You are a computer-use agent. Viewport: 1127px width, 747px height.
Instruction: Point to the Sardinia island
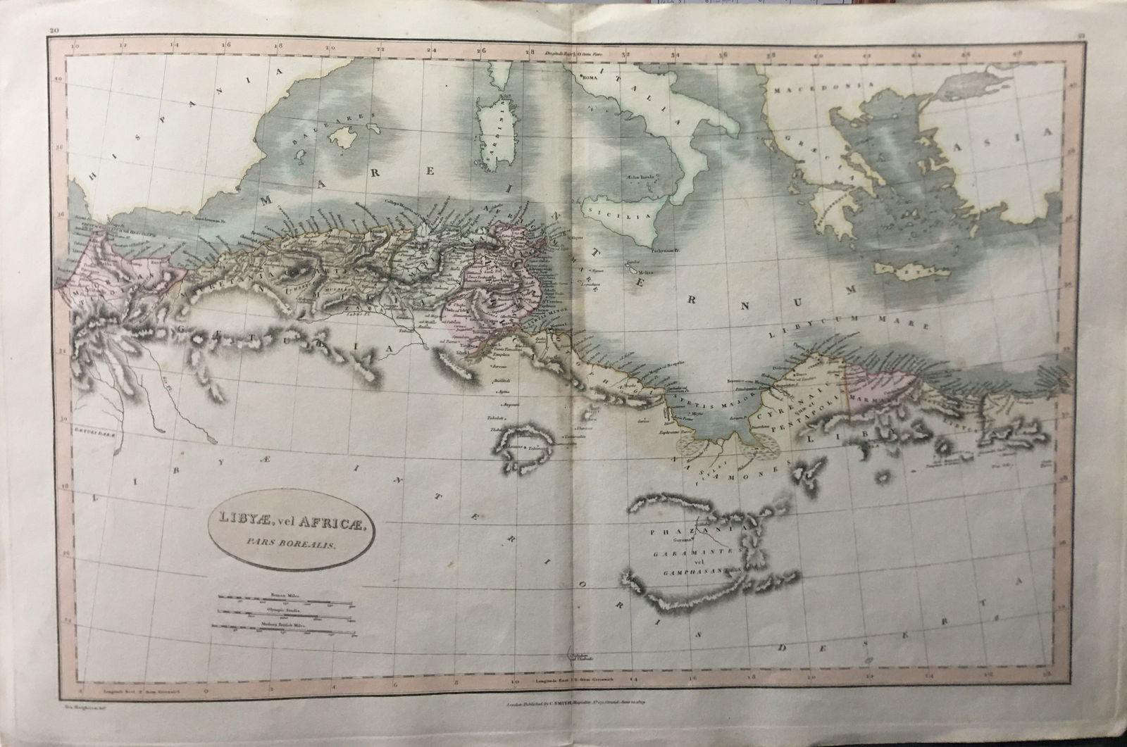(491, 127)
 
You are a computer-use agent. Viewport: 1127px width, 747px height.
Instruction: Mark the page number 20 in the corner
(54, 30)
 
